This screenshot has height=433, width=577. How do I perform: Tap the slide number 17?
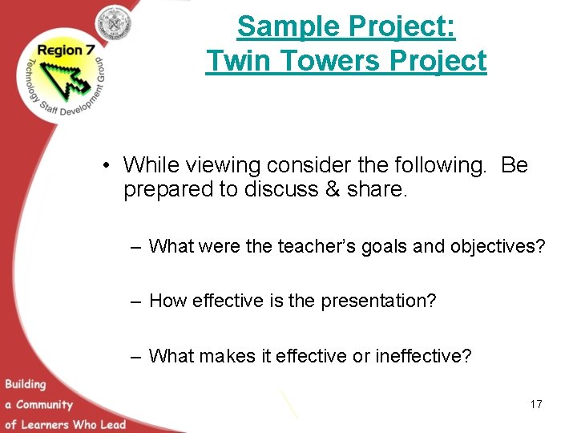click(x=535, y=404)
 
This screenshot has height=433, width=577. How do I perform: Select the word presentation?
click(x=378, y=301)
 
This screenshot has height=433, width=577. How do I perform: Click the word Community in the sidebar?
click(x=44, y=404)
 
